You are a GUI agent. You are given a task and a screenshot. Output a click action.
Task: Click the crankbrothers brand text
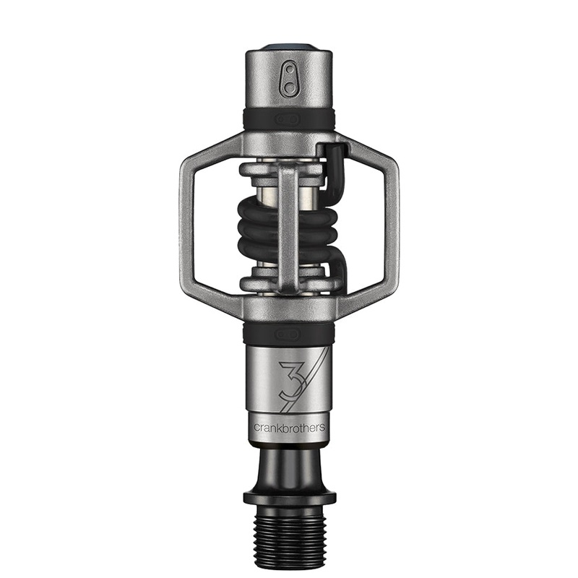point(288,427)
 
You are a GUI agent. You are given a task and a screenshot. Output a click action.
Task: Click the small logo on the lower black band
point(289,334)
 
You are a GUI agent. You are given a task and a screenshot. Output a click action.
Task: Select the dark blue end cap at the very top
point(289,48)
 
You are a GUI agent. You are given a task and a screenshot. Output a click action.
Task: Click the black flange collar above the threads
point(289,498)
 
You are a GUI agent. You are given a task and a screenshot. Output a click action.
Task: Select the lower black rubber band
point(289,334)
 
